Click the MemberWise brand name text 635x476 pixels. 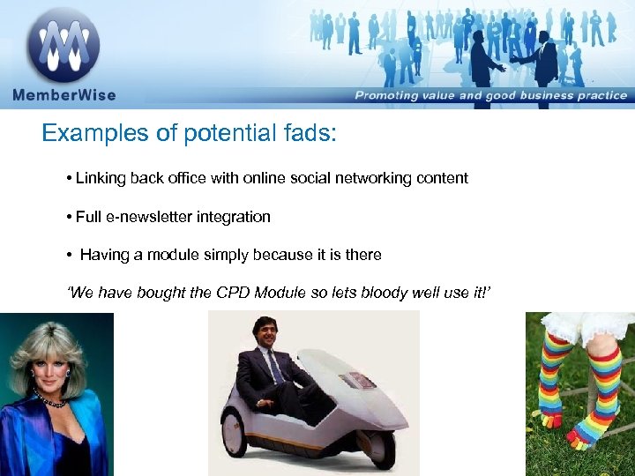coord(63,95)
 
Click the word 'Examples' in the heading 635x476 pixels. coord(84,134)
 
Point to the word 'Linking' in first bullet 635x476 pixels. coord(99,178)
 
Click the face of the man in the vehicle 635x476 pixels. coord(265,334)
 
